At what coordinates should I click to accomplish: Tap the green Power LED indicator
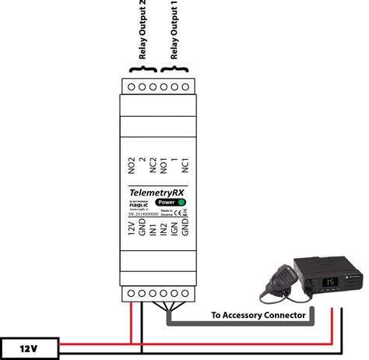[x=181, y=202]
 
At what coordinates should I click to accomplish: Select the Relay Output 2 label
[x=142, y=31]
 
